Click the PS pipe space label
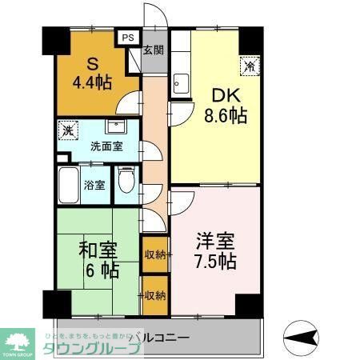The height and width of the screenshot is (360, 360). point(128,36)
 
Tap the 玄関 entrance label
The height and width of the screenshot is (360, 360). point(154,50)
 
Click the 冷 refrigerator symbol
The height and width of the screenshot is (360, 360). point(250,67)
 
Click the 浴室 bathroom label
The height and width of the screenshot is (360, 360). point(94,185)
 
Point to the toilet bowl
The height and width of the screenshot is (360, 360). point(126,182)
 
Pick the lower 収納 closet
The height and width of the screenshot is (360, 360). point(154,295)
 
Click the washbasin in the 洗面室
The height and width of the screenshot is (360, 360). point(117,128)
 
